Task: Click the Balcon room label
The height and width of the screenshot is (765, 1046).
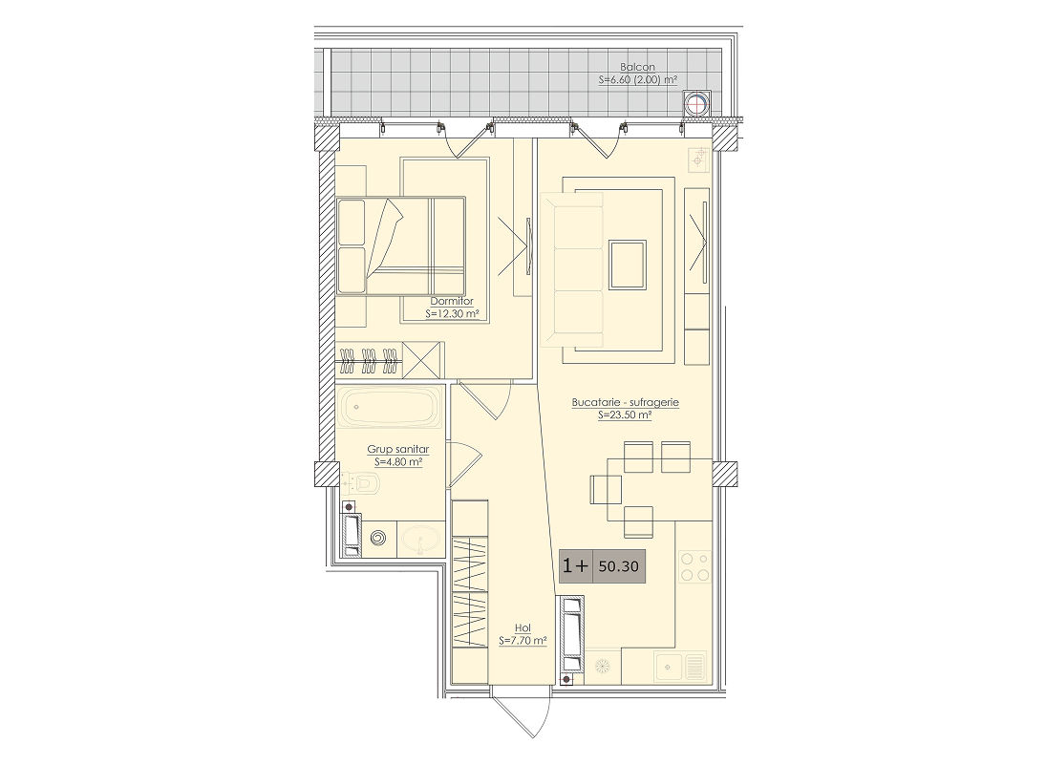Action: [637, 67]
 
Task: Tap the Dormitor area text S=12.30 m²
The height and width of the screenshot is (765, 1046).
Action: [452, 313]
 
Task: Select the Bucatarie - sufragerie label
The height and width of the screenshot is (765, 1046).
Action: [625, 402]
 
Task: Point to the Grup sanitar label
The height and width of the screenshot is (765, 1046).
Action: [397, 450]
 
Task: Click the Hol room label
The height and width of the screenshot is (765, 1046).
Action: [523, 628]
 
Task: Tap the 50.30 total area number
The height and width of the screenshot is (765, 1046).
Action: [618, 567]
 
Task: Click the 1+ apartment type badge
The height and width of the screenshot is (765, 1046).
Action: [576, 566]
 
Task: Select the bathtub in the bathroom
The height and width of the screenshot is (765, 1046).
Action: [390, 407]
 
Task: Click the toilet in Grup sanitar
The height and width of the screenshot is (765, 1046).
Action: [360, 483]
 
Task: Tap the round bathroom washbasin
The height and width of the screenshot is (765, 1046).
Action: [420, 538]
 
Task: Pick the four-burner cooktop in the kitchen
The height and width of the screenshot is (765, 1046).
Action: [694, 566]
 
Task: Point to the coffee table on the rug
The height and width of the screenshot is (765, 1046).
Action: [627, 265]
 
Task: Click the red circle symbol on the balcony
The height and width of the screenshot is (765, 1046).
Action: [696, 104]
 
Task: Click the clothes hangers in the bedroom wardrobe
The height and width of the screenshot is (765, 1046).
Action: [369, 360]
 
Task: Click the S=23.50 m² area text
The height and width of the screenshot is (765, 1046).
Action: [625, 414]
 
